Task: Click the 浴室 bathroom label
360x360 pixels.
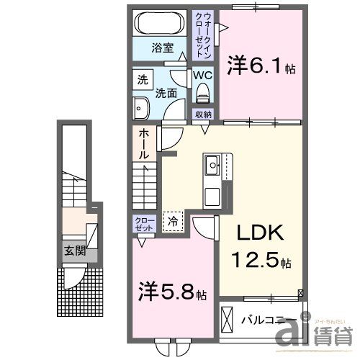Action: (162, 49)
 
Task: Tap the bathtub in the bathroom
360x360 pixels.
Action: (162, 21)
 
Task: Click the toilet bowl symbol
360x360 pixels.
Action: (202, 92)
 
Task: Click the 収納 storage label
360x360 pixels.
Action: (203, 114)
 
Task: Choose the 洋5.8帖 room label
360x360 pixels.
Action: (173, 293)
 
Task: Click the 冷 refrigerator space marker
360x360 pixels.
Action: (173, 222)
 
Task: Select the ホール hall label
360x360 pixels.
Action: (144, 144)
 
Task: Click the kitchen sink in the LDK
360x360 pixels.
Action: (212, 167)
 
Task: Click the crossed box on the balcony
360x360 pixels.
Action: (228, 318)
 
